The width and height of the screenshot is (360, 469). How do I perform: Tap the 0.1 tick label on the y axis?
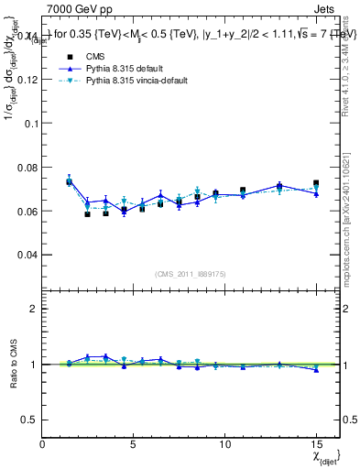pyautogui.click(x=31, y=124)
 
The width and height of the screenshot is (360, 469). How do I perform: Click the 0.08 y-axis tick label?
pyautogui.click(x=27, y=167)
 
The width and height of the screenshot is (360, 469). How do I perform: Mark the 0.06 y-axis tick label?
pyautogui.click(x=27, y=211)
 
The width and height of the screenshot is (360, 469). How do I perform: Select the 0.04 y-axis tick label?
pyautogui.click(x=27, y=254)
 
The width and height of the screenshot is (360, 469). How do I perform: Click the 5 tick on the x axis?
pyautogui.click(x=134, y=442)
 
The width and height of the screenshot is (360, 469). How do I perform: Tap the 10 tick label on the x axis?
pyautogui.click(x=224, y=442)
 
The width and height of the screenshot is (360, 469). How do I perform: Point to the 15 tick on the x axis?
pyautogui.click(x=316, y=442)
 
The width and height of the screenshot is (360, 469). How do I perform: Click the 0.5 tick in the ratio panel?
pyautogui.click(x=32, y=420)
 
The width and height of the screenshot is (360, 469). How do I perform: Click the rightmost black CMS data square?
pyautogui.click(x=316, y=183)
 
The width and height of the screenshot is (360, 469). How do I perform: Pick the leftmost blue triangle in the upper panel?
pyautogui.click(x=69, y=180)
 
